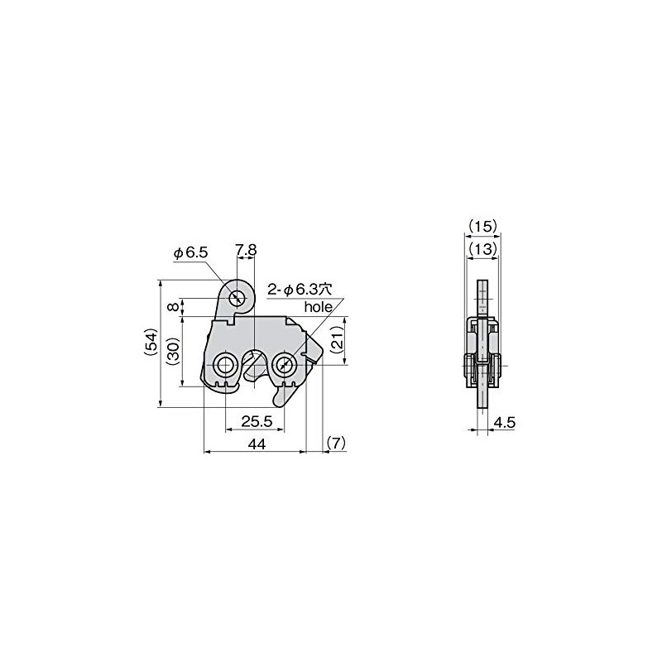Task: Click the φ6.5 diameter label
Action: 191,253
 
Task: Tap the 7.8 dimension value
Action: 246,250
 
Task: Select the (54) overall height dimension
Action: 152,343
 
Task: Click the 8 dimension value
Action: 173,306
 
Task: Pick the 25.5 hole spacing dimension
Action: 257,421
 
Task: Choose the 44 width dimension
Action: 257,444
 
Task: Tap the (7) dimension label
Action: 336,443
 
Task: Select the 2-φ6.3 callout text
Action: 300,290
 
